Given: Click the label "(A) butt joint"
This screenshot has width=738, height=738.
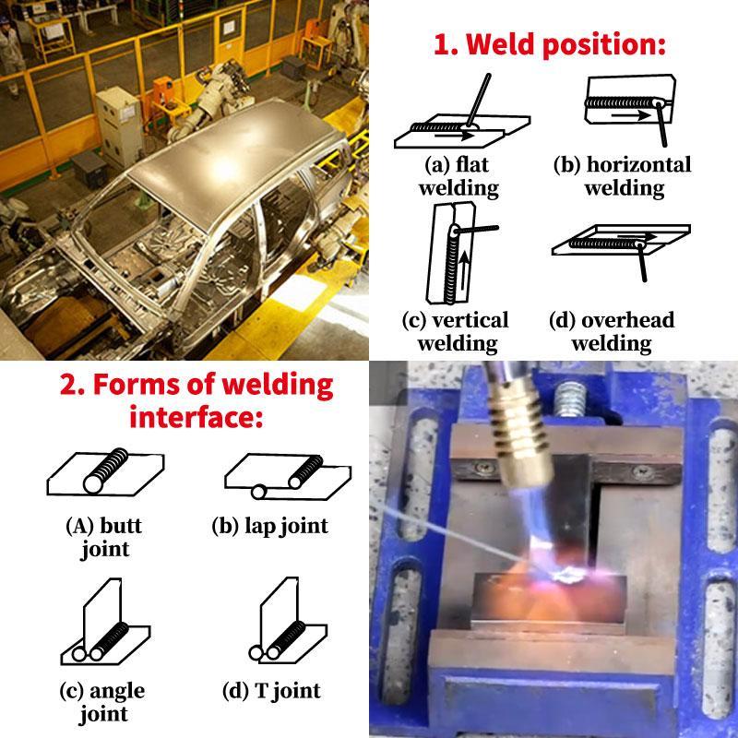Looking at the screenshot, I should coord(104,538).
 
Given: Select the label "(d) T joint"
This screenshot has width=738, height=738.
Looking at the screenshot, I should coord(271,691).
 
